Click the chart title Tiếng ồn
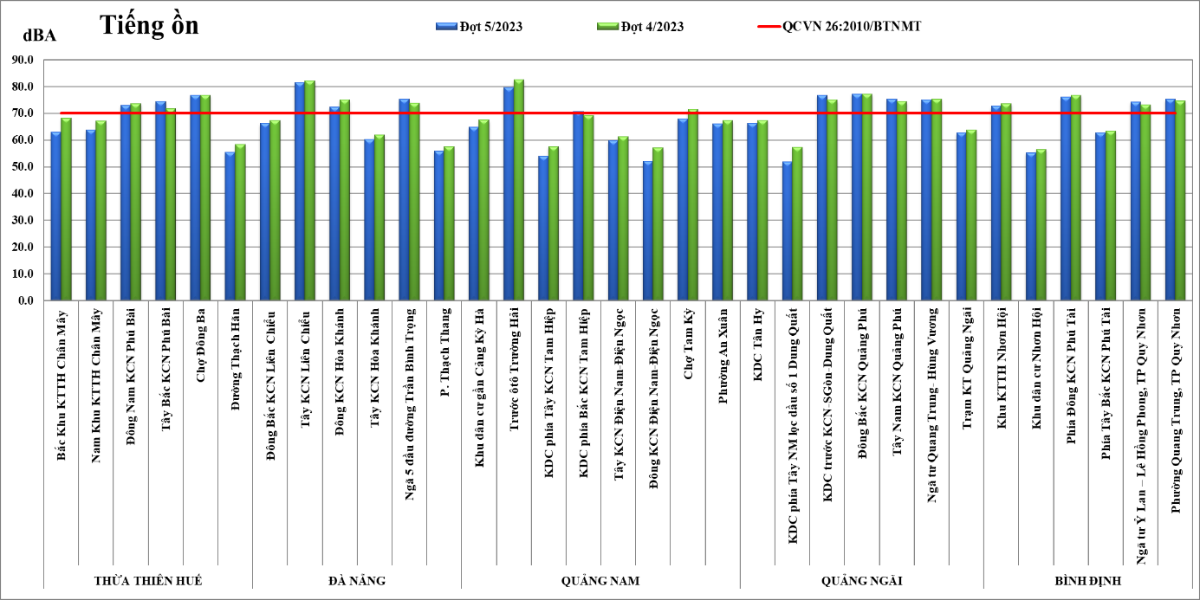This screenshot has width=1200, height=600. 149,25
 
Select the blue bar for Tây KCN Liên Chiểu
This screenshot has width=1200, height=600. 299,191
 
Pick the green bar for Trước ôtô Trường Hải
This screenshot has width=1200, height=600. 519,190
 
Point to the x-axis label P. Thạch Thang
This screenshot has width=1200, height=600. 444,350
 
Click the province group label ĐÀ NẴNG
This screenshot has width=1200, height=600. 357,580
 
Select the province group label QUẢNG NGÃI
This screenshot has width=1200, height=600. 861,580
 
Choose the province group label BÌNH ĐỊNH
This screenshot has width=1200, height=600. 1087,580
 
